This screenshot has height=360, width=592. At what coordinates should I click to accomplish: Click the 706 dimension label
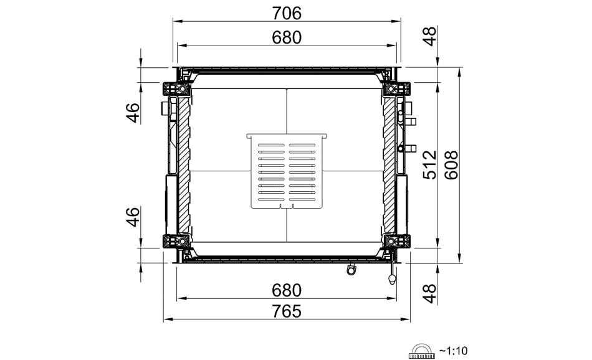click(287, 14)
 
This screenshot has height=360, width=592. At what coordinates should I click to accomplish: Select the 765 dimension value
click(287, 311)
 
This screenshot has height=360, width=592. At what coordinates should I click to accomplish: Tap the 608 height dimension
click(452, 165)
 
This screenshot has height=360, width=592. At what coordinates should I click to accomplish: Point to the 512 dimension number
click(429, 165)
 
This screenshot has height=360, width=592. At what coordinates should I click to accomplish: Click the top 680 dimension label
click(287, 38)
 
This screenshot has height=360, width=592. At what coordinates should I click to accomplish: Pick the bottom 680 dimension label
click(287, 291)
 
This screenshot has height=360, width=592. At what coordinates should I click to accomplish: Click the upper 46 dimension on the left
click(133, 113)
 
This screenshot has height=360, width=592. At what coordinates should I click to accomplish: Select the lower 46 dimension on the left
click(133, 217)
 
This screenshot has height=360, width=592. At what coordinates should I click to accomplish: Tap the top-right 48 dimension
click(429, 36)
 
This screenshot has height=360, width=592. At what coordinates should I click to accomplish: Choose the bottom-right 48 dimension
click(429, 293)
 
